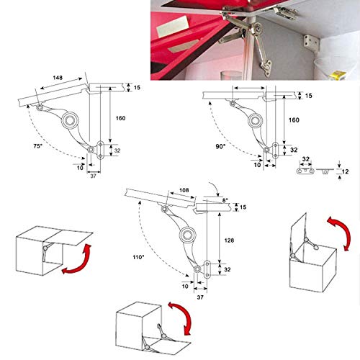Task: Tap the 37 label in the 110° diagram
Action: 199,295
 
